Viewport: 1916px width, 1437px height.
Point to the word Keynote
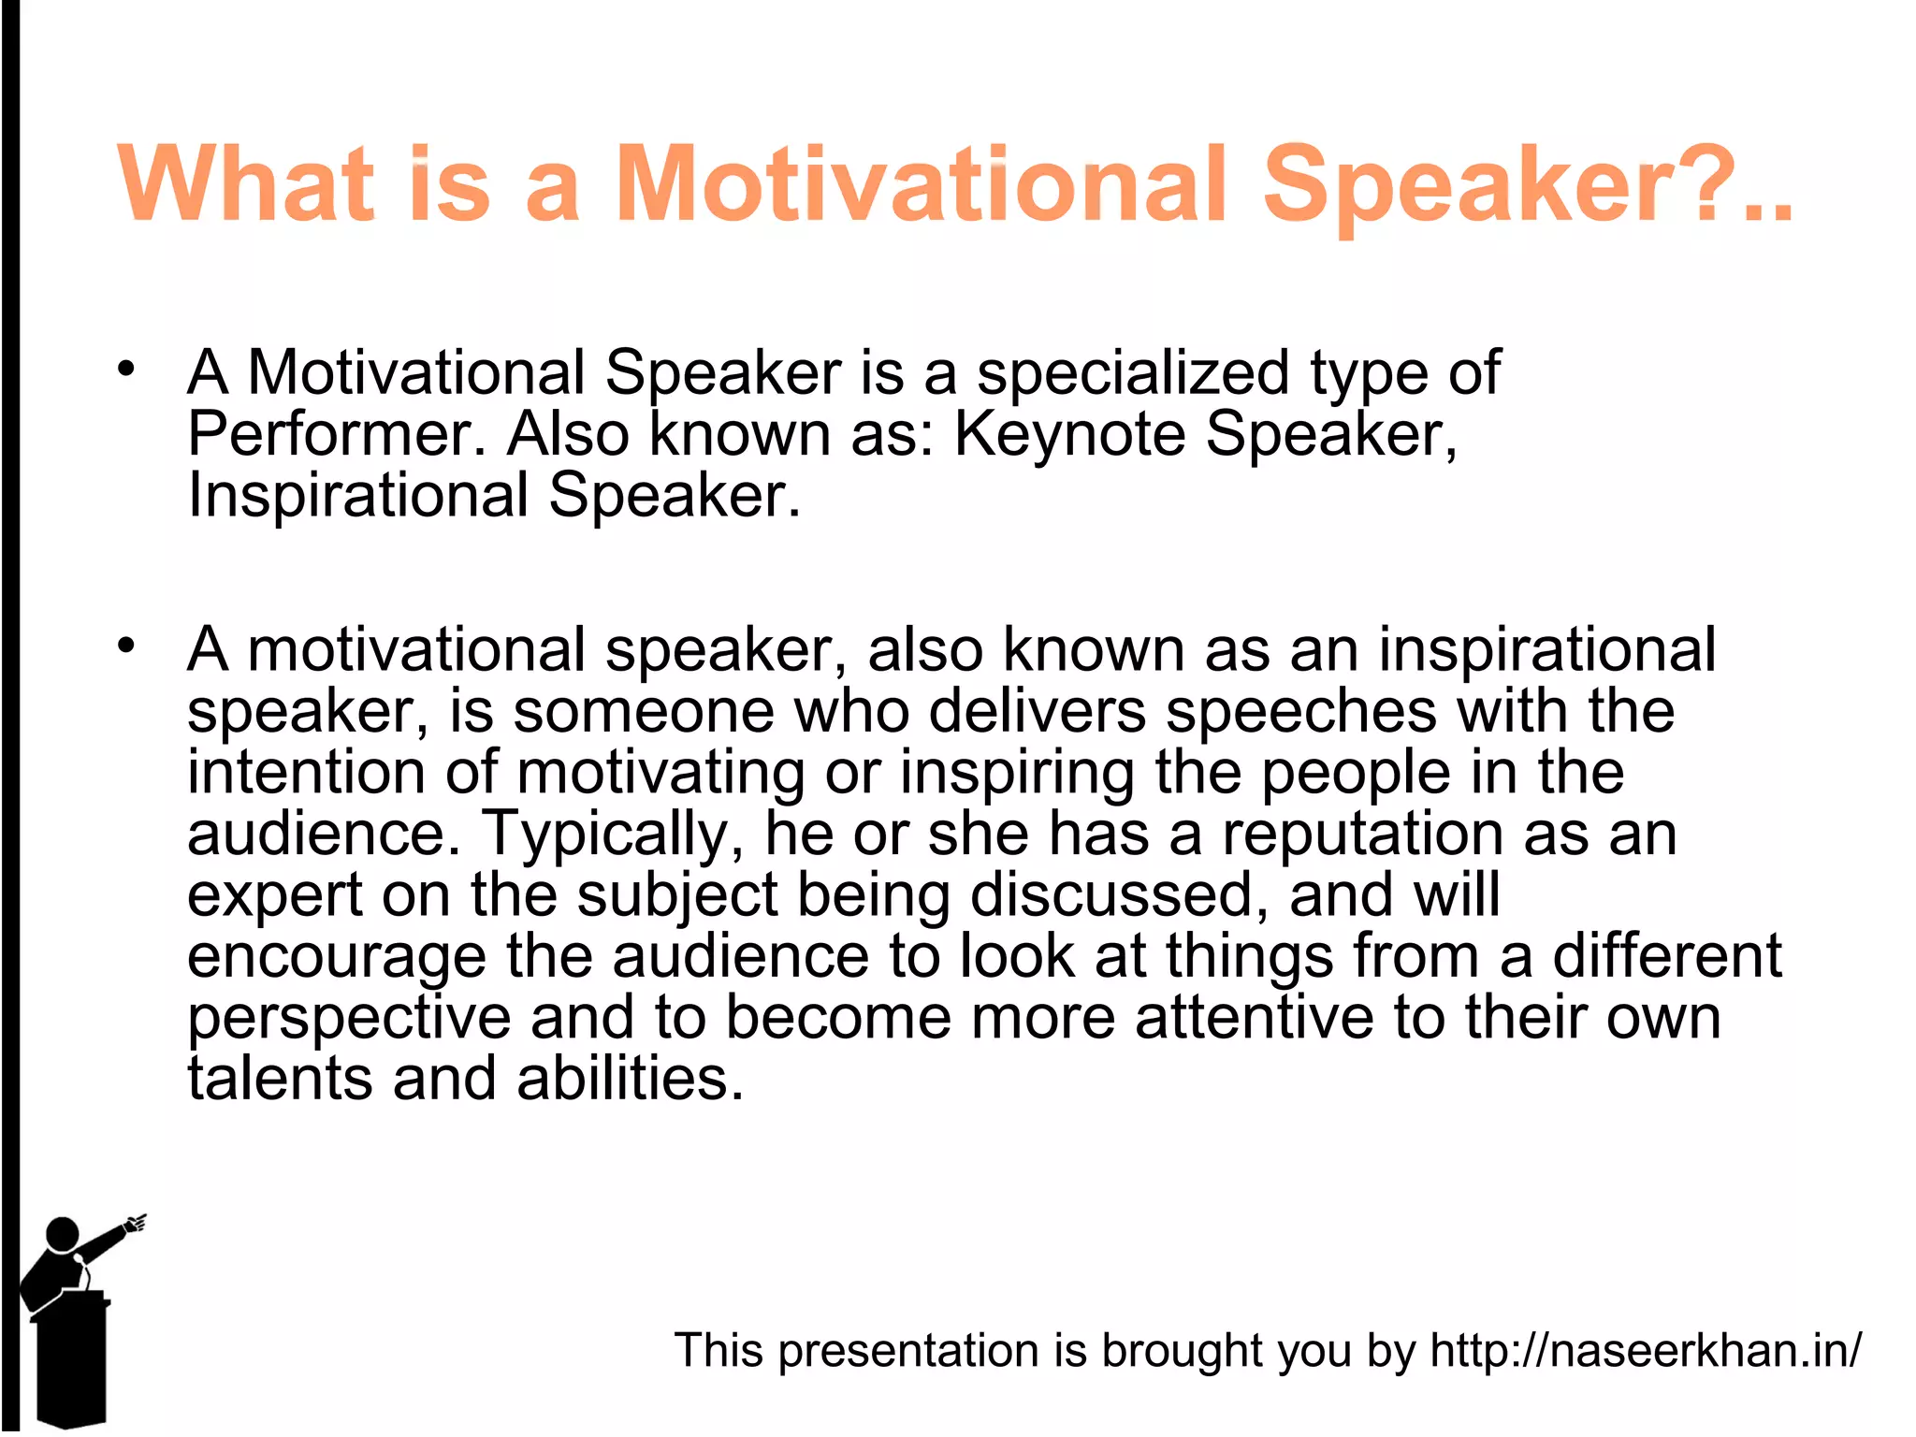[x=1069, y=435]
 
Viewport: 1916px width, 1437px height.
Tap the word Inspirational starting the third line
[x=358, y=495]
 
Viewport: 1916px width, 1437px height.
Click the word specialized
[x=1133, y=373]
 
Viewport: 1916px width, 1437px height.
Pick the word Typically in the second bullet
[x=613, y=833]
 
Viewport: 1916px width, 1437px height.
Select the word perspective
[x=349, y=1018]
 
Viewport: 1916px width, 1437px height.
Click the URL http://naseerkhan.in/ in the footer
[x=1646, y=1350]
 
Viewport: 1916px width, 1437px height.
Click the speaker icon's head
[x=63, y=1233]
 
